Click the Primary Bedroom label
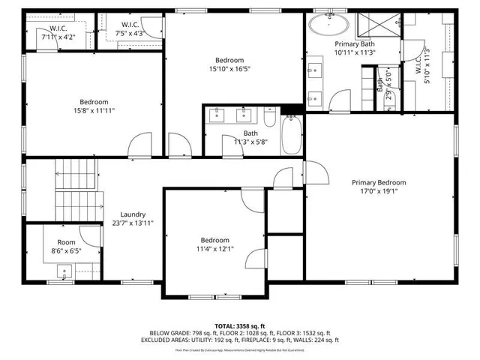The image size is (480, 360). pyautogui.click(x=379, y=182)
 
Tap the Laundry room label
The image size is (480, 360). pyautogui.click(x=133, y=214)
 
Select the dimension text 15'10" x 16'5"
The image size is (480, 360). pyautogui.click(x=229, y=69)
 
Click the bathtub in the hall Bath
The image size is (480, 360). pyautogui.click(x=291, y=135)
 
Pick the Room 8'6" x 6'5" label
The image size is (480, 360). pyautogui.click(x=66, y=247)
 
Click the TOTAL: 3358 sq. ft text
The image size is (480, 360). pyautogui.click(x=240, y=326)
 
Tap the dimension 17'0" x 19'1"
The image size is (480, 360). pyautogui.click(x=379, y=191)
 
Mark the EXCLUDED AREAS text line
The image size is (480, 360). pyautogui.click(x=240, y=340)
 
